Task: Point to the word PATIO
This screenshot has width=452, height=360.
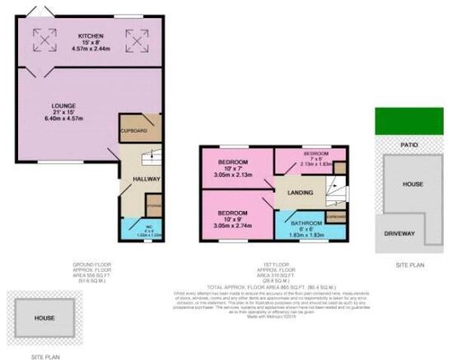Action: click(409, 145)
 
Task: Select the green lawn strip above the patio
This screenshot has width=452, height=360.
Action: click(409, 121)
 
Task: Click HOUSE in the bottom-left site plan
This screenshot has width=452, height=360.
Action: click(44, 318)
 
